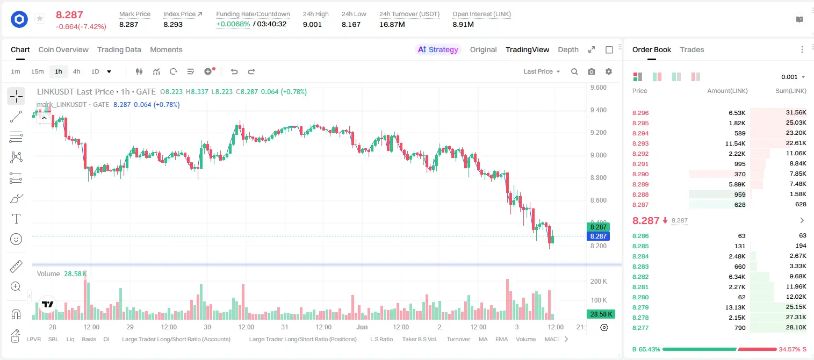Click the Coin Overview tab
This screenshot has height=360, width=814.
pos(63,49)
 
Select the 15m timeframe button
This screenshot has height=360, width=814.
pos(37,71)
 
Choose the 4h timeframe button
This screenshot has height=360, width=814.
pos(76,71)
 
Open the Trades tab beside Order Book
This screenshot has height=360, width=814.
pos(692,49)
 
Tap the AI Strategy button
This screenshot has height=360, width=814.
pos(438,49)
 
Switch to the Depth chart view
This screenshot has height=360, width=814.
pos(568,49)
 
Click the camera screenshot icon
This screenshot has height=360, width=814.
pos(592,71)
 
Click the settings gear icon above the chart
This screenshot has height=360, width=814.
pos(609,71)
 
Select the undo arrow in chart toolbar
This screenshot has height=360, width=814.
pos(234,71)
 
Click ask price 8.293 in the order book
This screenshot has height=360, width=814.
pos(640,143)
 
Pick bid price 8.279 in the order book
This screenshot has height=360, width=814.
pos(640,307)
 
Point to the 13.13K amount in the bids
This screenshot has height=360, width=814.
pos(735,307)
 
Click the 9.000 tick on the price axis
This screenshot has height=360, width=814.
pos(598,155)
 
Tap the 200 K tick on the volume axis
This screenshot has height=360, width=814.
pos(599,282)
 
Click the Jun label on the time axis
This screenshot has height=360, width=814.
pos(362,327)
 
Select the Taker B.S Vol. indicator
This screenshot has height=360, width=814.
pos(419,339)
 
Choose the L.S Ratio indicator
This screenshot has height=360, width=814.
pos(381,339)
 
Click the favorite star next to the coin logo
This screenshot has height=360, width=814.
pos(40,18)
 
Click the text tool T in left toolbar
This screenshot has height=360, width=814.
pos(16,219)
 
